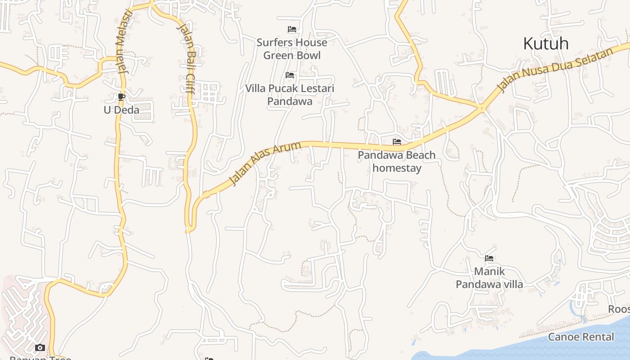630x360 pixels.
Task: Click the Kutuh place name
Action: point(546,44)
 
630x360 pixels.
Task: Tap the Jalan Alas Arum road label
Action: point(265,163)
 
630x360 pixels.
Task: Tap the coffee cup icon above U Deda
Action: point(121,97)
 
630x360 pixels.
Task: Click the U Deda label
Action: point(121,110)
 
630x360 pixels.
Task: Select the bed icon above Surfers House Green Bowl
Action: point(292,29)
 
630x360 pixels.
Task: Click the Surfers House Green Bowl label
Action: point(292,49)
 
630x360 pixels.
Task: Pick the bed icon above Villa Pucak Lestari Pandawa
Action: point(290,75)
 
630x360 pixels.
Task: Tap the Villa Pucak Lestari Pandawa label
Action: point(290,94)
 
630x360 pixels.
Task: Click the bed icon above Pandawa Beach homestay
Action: point(396,141)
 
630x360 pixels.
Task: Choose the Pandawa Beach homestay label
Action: point(396,162)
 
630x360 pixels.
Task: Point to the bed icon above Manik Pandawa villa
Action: point(489,258)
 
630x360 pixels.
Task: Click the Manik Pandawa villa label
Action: point(489,278)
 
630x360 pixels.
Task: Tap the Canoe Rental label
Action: point(581,337)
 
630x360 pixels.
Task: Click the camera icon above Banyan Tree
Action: point(40,347)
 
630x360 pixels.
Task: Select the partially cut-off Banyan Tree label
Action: point(40,358)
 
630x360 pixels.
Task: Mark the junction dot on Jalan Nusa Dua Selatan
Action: point(481,108)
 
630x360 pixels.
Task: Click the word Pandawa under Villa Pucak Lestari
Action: point(290,101)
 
